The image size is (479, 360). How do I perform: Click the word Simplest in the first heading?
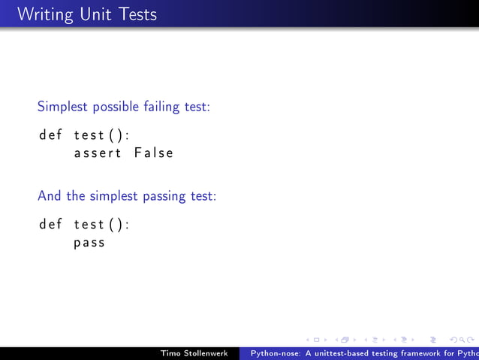[63, 107]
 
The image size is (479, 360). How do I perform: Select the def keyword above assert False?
[50, 135]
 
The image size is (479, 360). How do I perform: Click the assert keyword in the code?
[98, 153]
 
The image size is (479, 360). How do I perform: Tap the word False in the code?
[154, 153]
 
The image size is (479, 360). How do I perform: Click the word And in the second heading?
[50, 196]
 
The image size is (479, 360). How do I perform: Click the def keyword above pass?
[50, 225]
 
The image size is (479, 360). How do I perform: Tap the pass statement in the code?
[89, 243]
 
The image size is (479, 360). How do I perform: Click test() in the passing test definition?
[101, 225]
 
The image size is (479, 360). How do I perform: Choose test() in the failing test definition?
[101, 135]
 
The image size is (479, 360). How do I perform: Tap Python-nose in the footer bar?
[275, 352]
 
